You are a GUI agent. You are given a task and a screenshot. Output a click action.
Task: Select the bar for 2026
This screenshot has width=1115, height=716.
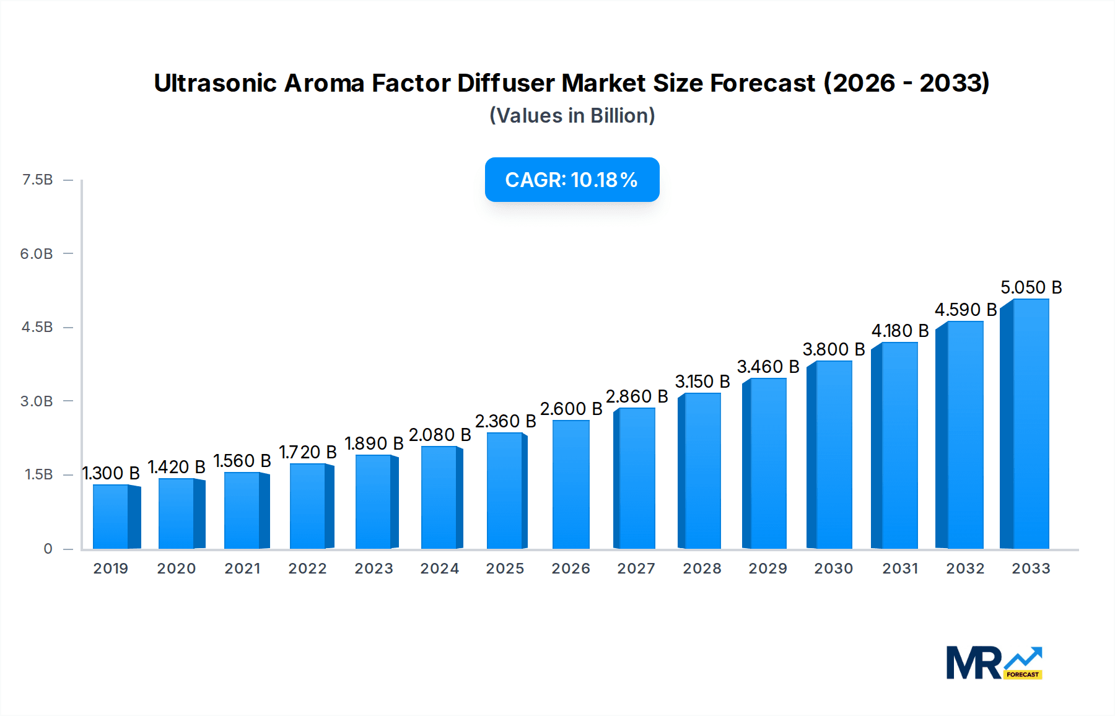(x=571, y=484)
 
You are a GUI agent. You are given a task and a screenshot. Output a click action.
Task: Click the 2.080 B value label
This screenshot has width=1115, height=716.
(x=440, y=435)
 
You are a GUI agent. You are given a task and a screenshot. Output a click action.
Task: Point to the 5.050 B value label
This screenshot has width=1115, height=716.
(x=1031, y=287)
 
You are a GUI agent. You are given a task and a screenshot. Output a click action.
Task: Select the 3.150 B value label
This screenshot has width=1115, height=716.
(x=702, y=382)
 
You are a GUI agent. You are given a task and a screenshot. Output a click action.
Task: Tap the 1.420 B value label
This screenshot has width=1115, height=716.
(x=177, y=467)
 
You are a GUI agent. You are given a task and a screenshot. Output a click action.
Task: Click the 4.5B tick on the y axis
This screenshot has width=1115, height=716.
(x=37, y=327)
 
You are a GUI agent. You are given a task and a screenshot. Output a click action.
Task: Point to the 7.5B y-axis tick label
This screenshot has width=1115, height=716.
(x=37, y=180)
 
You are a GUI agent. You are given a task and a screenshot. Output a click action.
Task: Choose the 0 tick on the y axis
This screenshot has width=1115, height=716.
(x=48, y=549)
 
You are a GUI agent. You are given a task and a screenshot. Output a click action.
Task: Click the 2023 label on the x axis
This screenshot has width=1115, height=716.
(x=374, y=569)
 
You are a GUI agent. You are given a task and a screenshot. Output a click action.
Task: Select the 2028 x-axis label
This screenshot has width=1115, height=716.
(x=702, y=569)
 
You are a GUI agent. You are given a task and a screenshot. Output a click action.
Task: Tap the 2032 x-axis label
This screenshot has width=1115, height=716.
(x=965, y=569)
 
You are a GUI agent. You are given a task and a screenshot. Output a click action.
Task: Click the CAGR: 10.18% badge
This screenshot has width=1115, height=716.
(x=572, y=180)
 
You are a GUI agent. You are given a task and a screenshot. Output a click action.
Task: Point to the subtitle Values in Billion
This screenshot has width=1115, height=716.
(x=572, y=116)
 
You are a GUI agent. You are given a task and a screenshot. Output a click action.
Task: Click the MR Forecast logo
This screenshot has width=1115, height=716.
(x=994, y=663)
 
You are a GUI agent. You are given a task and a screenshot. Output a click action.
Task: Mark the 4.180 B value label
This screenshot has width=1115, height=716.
(x=900, y=331)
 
